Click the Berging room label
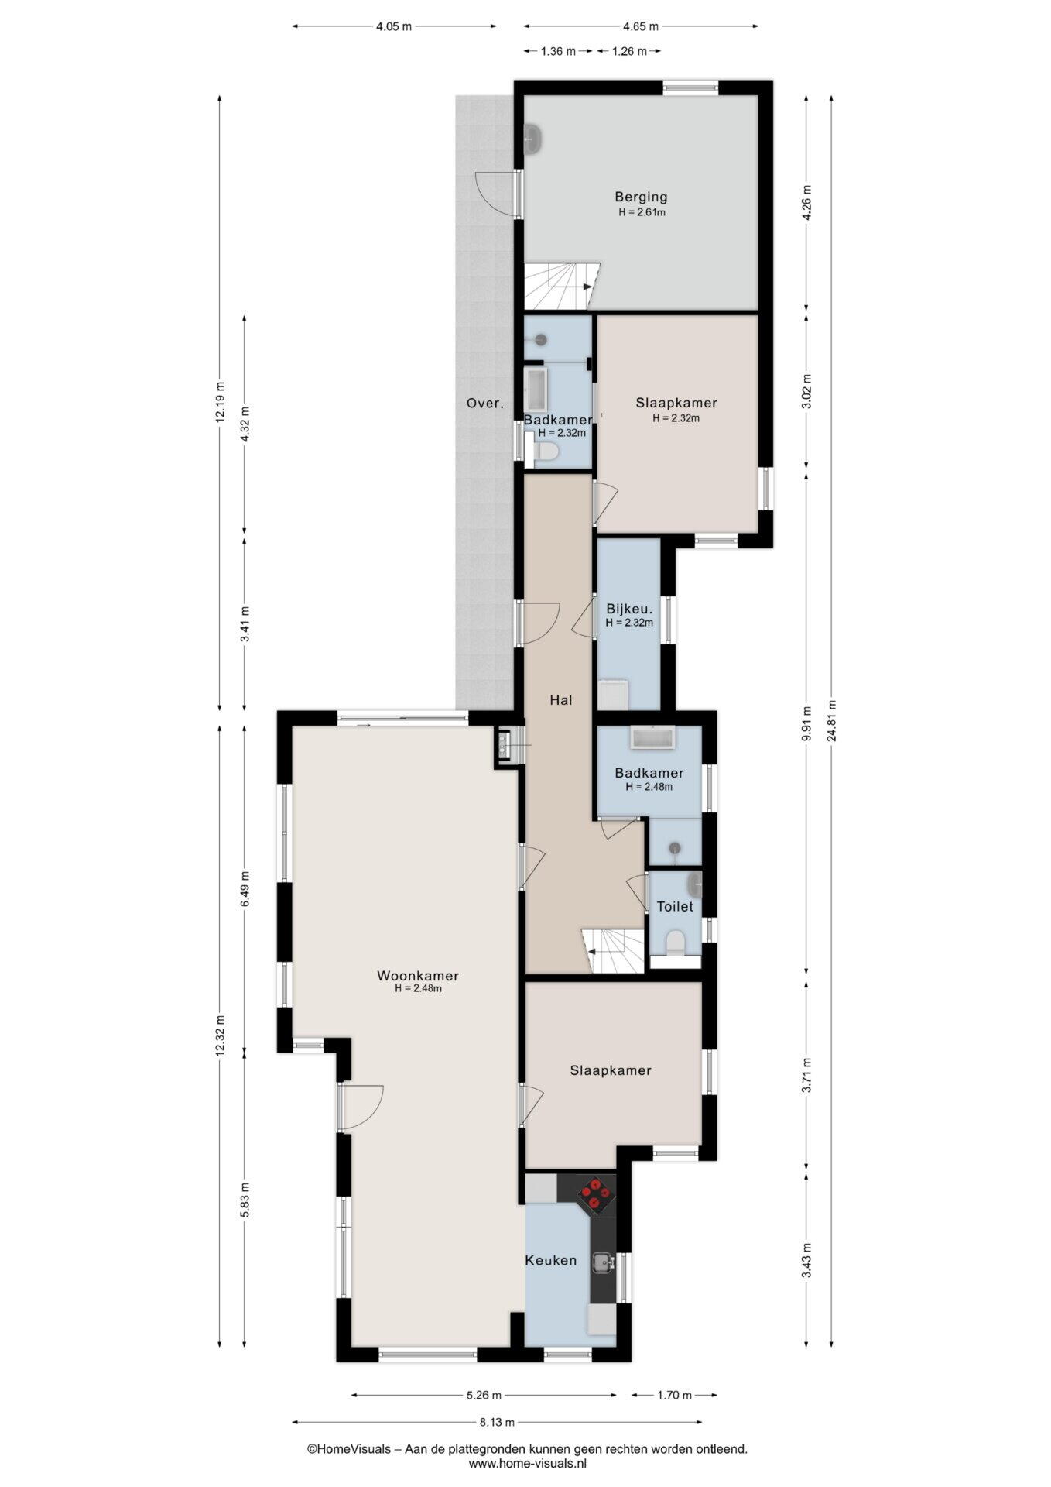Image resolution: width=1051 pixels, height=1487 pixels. click(641, 197)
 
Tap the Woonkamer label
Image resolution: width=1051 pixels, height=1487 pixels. click(418, 976)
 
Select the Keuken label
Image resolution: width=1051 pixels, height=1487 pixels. click(551, 1260)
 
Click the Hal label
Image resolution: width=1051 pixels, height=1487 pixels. click(560, 700)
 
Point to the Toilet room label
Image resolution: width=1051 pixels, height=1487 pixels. click(675, 906)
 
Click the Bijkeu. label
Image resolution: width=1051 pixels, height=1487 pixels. click(629, 609)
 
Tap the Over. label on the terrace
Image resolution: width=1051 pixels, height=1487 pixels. click(485, 403)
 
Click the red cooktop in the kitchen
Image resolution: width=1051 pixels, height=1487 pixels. click(594, 1193)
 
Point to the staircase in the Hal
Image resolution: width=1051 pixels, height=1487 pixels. click(613, 951)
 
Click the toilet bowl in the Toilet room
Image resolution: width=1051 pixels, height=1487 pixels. click(675, 943)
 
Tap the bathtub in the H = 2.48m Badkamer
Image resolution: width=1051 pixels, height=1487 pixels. click(654, 737)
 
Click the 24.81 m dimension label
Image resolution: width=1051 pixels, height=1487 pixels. click(831, 721)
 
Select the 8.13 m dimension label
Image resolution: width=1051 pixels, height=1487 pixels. click(497, 1422)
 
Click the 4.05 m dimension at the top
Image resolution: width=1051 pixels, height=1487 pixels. click(394, 26)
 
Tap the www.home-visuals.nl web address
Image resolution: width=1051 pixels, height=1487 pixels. click(528, 1464)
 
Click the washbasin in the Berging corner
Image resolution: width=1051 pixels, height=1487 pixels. click(534, 140)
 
